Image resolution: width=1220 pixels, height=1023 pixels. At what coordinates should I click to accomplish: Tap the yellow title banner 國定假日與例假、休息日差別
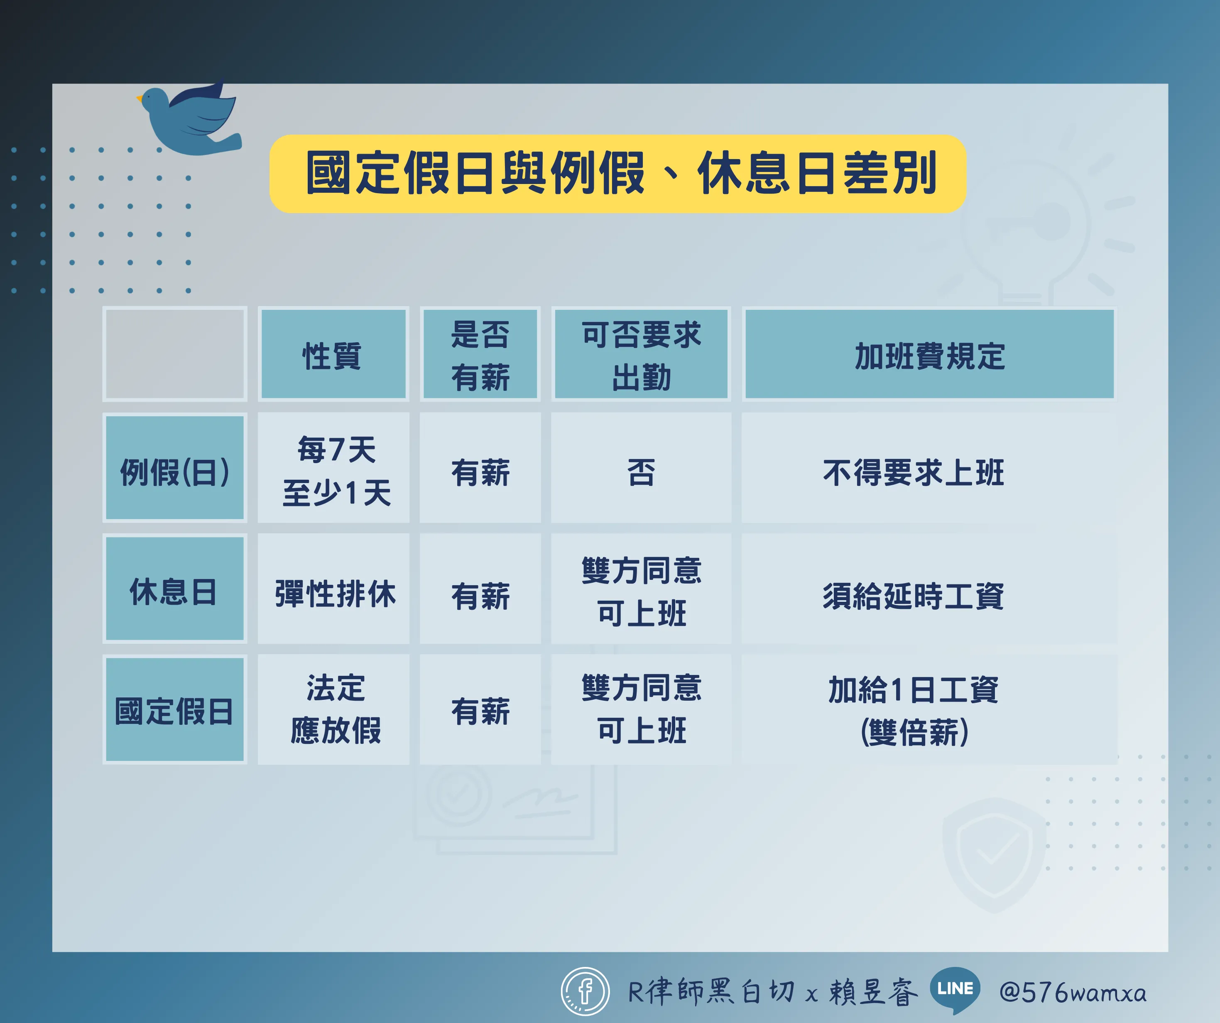pyautogui.click(x=617, y=174)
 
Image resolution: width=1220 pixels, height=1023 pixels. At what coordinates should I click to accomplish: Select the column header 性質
pyautogui.click(x=333, y=354)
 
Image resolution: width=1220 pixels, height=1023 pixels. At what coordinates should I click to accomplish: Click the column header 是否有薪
pyautogui.click(x=480, y=354)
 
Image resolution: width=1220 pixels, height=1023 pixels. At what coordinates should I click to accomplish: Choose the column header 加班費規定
pyautogui.click(x=929, y=354)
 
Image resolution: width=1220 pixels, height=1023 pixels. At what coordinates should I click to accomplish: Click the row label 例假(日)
pyautogui.click(x=175, y=468)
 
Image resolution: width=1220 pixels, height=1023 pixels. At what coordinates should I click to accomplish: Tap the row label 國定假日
pyautogui.click(x=175, y=709)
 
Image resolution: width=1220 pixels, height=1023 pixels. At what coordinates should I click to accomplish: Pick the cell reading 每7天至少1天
pyautogui.click(x=333, y=468)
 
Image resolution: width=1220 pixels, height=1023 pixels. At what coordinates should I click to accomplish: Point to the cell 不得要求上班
pyautogui.click(x=929, y=468)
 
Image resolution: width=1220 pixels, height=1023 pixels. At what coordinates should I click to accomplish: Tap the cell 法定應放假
pyautogui.click(x=333, y=709)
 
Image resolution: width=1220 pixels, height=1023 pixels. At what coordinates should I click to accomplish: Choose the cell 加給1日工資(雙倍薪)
pyautogui.click(x=929, y=709)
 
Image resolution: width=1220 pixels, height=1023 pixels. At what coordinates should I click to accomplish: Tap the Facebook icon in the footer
pyautogui.click(x=585, y=991)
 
